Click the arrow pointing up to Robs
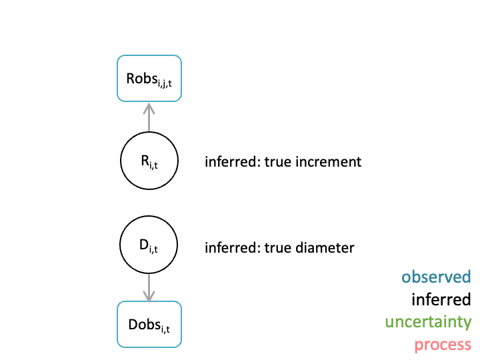click(x=149, y=117)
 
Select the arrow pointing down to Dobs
click(x=149, y=288)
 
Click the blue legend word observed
click(x=436, y=277)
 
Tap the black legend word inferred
click(x=441, y=299)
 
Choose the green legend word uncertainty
click(x=428, y=323)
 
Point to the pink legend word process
click(x=443, y=345)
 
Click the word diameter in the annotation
click(x=325, y=247)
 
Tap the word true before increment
click(x=277, y=162)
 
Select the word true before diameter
click(x=277, y=248)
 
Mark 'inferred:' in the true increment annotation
click(x=233, y=161)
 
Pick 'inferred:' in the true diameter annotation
click(x=233, y=247)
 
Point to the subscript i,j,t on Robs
click(x=165, y=83)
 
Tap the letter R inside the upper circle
click(x=145, y=161)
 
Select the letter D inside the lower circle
click(x=144, y=245)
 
